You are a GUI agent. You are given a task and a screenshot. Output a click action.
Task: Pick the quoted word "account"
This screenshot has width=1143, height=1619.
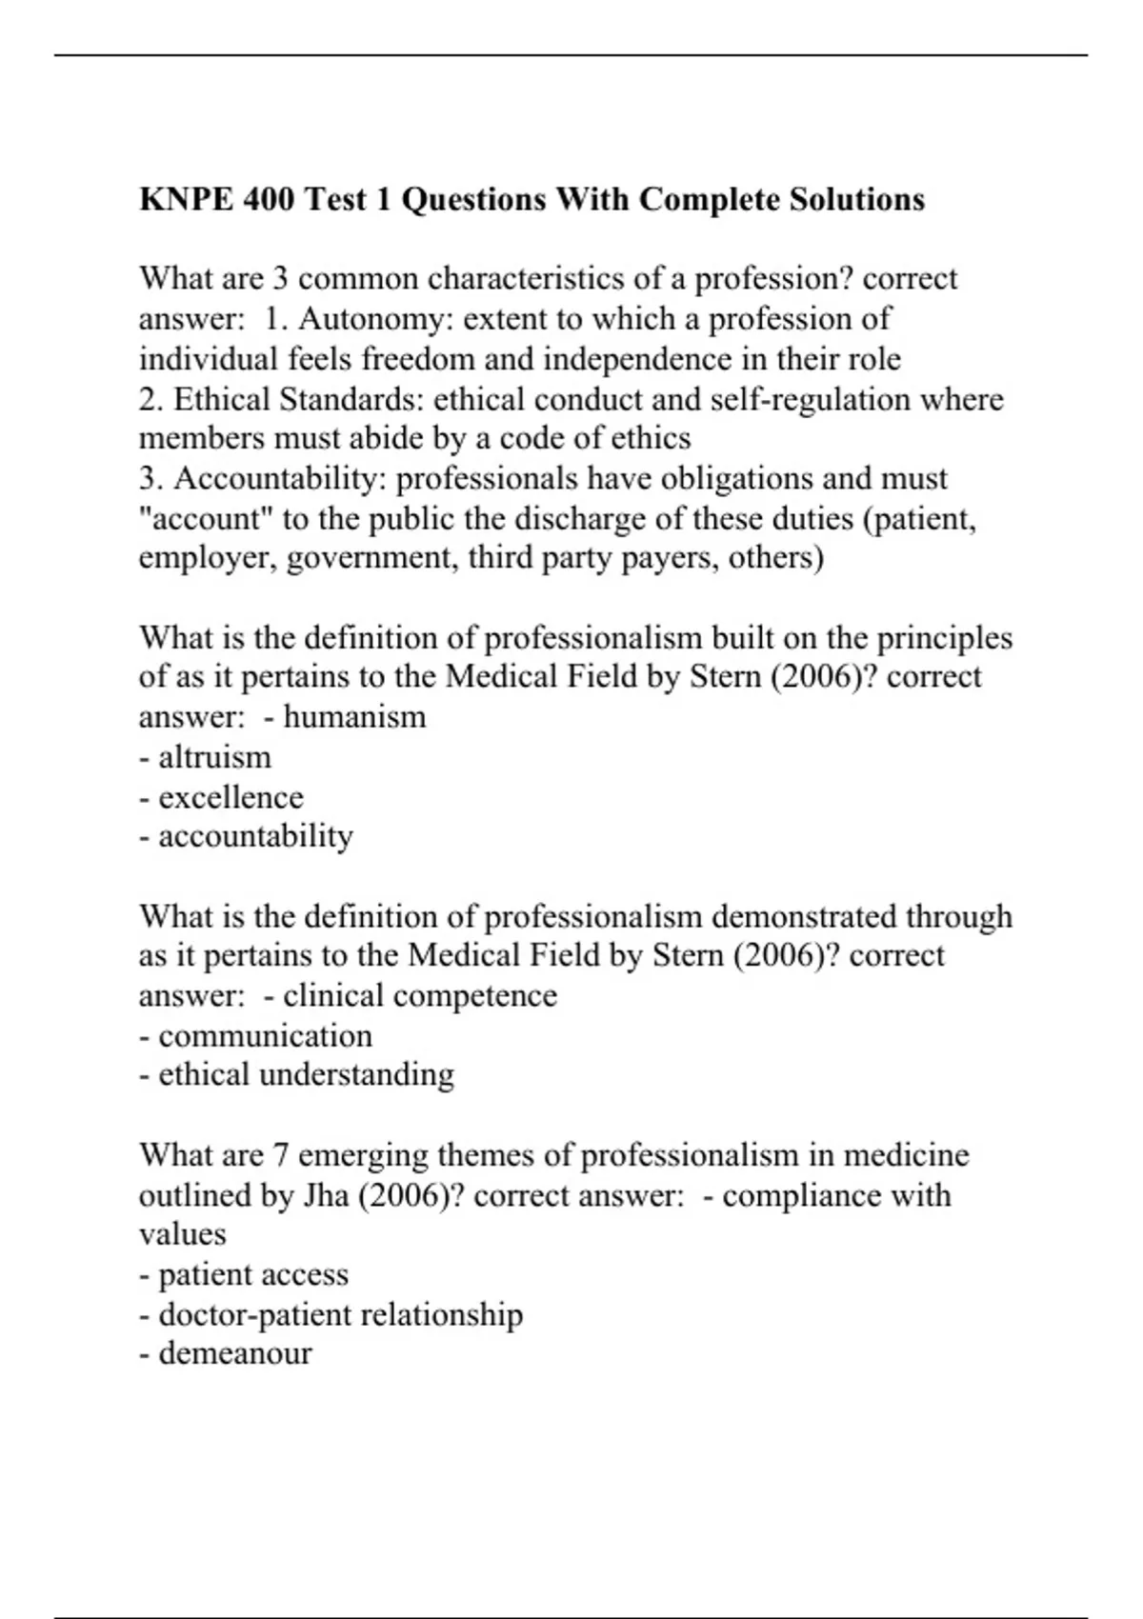tap(207, 519)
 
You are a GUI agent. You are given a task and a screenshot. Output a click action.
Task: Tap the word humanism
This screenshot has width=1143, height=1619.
tap(354, 716)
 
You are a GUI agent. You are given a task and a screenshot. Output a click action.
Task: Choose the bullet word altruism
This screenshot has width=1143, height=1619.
tap(214, 757)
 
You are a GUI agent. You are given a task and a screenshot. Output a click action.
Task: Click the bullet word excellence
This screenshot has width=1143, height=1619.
tap(231, 797)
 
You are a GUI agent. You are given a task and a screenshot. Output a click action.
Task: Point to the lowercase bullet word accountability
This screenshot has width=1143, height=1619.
tap(255, 836)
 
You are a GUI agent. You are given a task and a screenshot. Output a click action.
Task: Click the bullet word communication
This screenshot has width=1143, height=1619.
tap(265, 1036)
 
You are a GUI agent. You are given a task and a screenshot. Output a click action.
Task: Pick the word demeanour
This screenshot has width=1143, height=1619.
tap(234, 1353)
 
